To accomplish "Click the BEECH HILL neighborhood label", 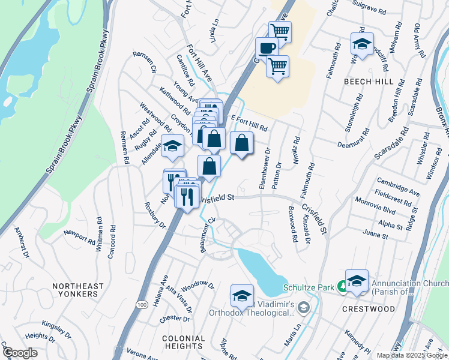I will point(369,81).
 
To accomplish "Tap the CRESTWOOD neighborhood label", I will point(369,309).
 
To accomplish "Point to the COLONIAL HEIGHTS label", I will point(183,342).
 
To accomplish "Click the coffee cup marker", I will point(266,48).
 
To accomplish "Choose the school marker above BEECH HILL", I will point(362,44).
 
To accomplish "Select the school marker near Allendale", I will point(172,146).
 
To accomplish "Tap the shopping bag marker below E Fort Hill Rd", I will point(241,143).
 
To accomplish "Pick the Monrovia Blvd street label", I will point(392,211).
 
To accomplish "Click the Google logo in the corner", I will point(19,353).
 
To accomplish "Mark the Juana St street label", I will point(376,236).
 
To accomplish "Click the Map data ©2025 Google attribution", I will point(411,355).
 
